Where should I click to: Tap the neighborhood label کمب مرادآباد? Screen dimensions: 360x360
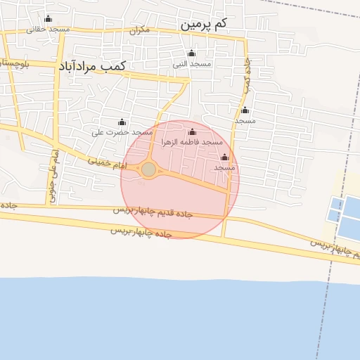tap(92, 65)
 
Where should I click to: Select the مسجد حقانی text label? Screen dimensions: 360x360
tap(48, 29)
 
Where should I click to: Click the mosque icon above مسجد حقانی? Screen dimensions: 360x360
tap(48, 19)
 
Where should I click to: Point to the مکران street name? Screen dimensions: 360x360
tap(140, 31)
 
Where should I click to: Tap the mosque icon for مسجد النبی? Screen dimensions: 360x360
tap(191, 53)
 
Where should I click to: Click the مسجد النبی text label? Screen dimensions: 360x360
tap(193, 64)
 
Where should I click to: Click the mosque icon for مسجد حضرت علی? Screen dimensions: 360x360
tap(122, 122)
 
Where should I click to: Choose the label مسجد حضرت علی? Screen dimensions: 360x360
tap(122, 132)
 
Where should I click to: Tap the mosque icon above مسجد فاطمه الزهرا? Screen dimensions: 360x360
tap(192, 132)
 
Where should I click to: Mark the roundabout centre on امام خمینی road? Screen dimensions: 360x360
tap(148, 169)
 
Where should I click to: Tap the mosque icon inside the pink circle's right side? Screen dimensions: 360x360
tap(225, 157)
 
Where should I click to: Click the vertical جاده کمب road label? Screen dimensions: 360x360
tap(247, 77)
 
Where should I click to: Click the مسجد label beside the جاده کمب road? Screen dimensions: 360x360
tap(245, 121)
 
